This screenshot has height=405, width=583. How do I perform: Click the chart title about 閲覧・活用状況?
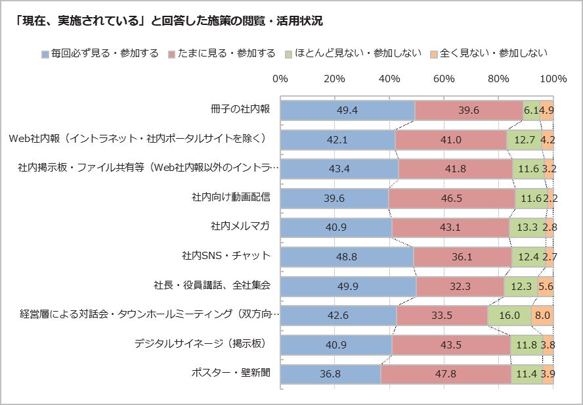(168, 22)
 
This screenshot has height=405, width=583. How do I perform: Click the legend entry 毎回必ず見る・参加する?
(100, 53)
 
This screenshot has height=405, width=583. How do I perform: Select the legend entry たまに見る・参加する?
(223, 53)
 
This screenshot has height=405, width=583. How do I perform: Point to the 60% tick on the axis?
(444, 79)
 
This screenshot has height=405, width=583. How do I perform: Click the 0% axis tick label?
(280, 79)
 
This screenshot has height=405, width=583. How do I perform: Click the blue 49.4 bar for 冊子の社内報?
(347, 110)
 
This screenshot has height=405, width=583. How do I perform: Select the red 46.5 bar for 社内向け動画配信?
(452, 197)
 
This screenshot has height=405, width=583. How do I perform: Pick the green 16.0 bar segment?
(509, 315)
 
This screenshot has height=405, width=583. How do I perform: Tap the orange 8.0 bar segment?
(542, 315)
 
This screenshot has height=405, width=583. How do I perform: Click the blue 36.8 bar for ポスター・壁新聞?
(330, 373)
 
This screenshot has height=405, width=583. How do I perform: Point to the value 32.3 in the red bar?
(460, 286)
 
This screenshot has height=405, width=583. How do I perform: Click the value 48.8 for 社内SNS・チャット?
(347, 256)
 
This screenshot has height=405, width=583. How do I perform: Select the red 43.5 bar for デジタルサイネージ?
(451, 344)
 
